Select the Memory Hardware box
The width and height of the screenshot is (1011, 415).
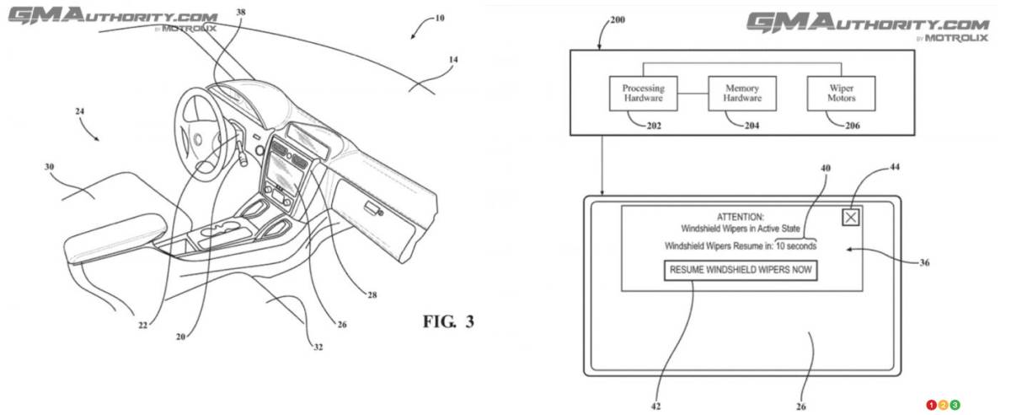(741, 93)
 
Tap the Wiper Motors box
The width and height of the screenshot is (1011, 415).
(841, 93)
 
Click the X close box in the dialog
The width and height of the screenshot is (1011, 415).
(852, 217)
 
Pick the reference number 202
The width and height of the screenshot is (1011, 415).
(654, 127)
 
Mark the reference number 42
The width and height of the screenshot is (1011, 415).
(655, 407)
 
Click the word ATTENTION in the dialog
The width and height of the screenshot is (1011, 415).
(741, 216)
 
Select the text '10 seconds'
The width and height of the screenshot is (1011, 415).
(796, 246)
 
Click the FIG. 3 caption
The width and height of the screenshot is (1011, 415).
(448, 321)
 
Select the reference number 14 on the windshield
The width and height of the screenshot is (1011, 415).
(453, 60)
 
